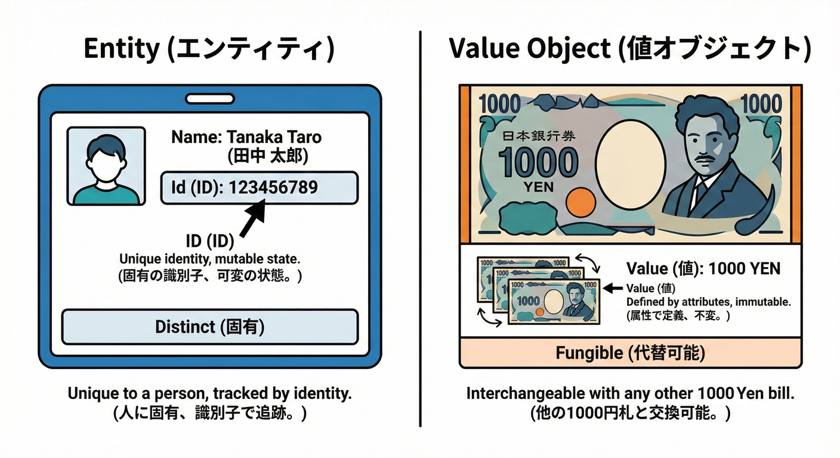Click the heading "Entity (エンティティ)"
(209, 49)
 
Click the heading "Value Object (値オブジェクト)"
(629, 49)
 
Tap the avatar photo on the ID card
(106, 166)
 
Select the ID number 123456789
(273, 188)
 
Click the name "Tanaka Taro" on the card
(246, 137)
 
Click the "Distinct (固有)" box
(210, 327)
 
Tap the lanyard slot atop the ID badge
(209, 98)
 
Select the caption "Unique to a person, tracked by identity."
(210, 394)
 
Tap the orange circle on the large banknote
(576, 203)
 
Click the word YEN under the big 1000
(538, 187)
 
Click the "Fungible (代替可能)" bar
(630, 353)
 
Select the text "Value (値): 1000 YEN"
(703, 268)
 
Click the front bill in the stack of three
(554, 301)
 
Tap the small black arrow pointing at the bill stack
(613, 289)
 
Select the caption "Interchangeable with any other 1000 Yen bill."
(631, 394)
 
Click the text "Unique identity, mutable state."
(210, 259)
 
